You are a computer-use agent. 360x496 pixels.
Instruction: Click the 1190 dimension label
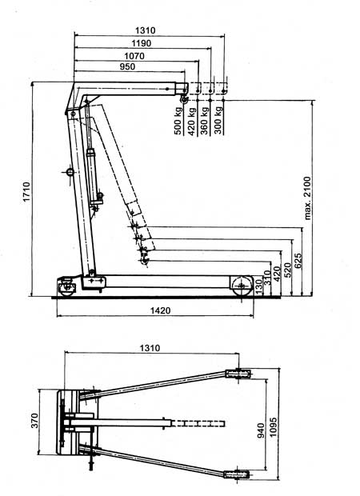[x=142, y=43]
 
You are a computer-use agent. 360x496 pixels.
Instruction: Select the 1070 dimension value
[x=134, y=56]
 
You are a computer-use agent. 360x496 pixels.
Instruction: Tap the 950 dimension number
[x=127, y=66]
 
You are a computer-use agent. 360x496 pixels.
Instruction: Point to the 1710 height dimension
[x=26, y=191]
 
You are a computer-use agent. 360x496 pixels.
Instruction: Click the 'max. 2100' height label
[x=307, y=198]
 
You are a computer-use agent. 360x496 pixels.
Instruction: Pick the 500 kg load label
[x=178, y=121]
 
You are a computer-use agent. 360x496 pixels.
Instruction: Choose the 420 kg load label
[x=192, y=121]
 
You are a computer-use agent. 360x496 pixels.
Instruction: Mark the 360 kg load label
[x=205, y=121]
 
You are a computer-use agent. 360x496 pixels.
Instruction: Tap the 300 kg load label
[x=218, y=120]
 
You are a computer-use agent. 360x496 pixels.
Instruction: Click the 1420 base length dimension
[x=160, y=310]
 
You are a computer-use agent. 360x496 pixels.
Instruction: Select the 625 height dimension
[x=298, y=261]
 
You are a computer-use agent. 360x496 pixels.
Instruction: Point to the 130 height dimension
[x=258, y=286]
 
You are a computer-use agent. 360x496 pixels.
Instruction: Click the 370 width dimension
[x=34, y=420]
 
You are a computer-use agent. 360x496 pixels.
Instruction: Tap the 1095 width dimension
[x=273, y=427]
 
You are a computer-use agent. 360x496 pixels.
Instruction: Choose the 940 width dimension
[x=261, y=430]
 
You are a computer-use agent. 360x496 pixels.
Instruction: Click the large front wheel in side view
[x=242, y=286]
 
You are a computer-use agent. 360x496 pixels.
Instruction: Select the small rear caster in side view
[x=66, y=288]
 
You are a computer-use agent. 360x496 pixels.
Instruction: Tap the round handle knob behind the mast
[x=70, y=173]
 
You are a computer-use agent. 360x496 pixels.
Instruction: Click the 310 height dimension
[x=268, y=278]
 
